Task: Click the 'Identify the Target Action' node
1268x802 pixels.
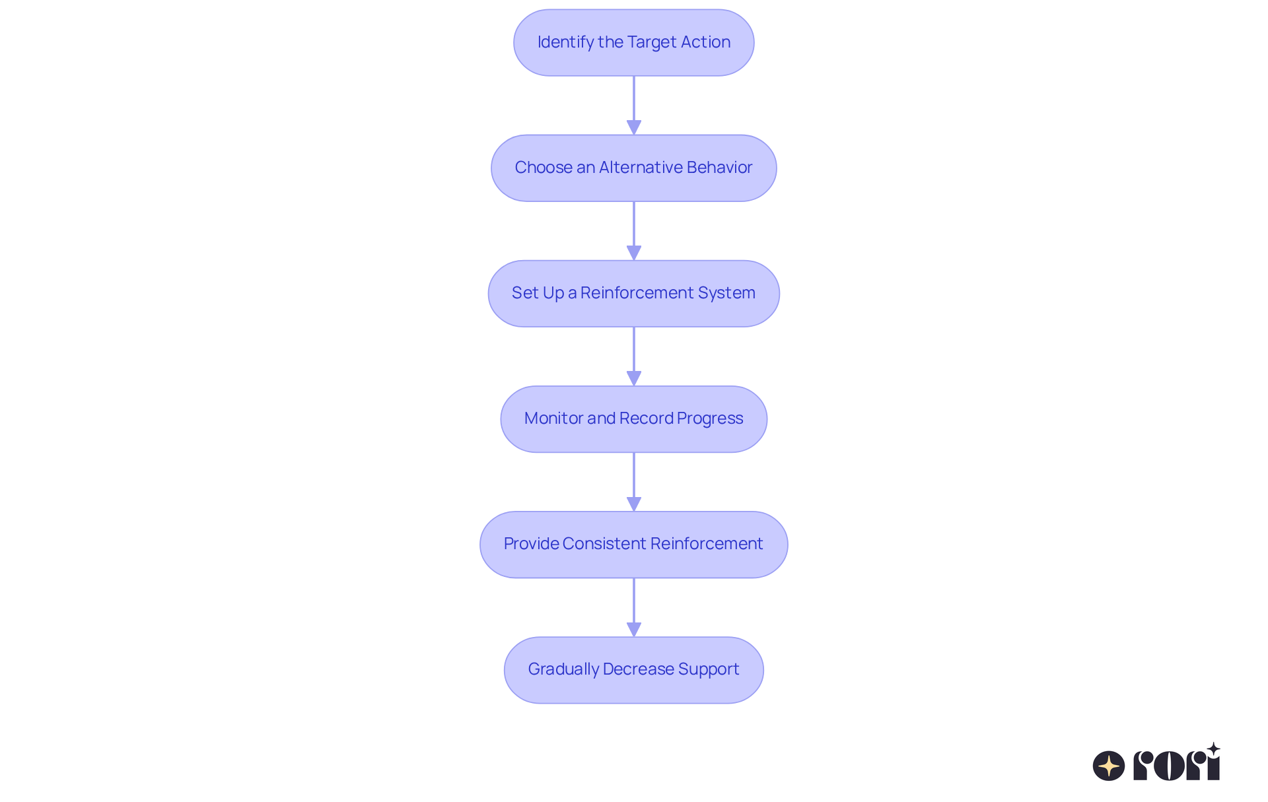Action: pyautogui.click(x=633, y=42)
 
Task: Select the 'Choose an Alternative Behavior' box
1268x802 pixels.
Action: pyautogui.click(x=633, y=168)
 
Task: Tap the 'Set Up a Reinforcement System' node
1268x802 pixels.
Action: pyautogui.click(x=633, y=293)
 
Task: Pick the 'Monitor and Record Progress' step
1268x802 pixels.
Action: pyautogui.click(x=633, y=418)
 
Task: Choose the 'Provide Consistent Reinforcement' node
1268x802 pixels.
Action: pyautogui.click(x=633, y=544)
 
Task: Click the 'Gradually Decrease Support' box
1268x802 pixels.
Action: pyautogui.click(x=633, y=669)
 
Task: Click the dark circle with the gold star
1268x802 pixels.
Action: pyautogui.click(x=1108, y=766)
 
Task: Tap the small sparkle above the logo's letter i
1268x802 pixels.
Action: pyautogui.click(x=1213, y=749)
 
